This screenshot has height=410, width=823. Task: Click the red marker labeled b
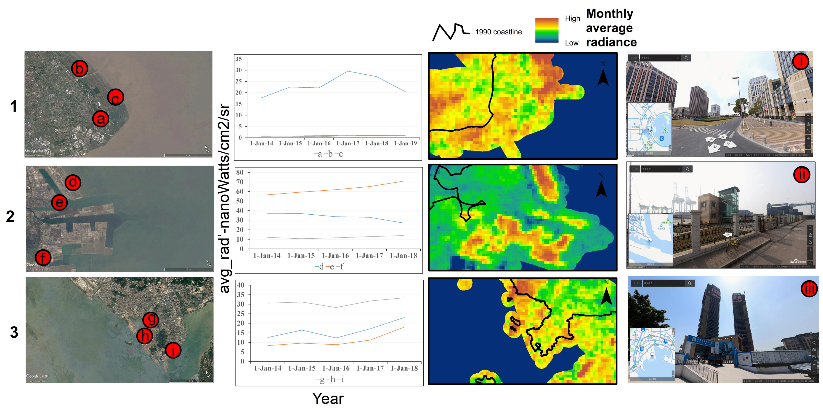(x=79, y=68)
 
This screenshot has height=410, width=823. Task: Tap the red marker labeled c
(x=115, y=97)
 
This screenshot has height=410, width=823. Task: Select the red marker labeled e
(x=59, y=202)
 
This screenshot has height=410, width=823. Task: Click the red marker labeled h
(x=145, y=336)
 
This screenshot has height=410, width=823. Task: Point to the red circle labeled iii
(x=809, y=289)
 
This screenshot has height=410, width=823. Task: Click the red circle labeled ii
(x=802, y=175)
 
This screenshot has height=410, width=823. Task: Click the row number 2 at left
(x=10, y=216)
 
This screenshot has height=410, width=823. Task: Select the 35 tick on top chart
(x=239, y=59)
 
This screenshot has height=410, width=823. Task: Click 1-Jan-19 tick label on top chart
(x=405, y=143)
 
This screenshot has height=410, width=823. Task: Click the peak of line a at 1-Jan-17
(x=348, y=71)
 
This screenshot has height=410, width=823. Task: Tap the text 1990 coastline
(x=498, y=32)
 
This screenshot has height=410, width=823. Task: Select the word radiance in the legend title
(x=611, y=42)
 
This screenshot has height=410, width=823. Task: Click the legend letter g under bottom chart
(x=322, y=379)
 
